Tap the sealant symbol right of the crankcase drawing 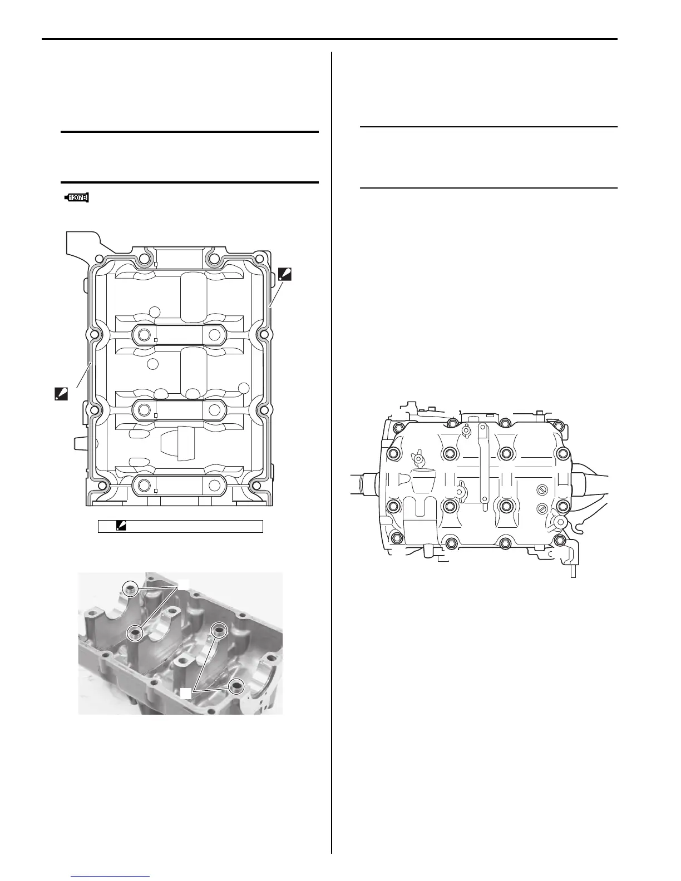coord(284,274)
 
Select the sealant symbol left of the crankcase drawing coord(60,394)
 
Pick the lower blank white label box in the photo coord(185,692)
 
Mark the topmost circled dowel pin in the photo coord(131,589)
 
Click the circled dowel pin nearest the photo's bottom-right coord(236,687)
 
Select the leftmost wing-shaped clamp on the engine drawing coord(418,460)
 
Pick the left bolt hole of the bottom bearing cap coord(145,486)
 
